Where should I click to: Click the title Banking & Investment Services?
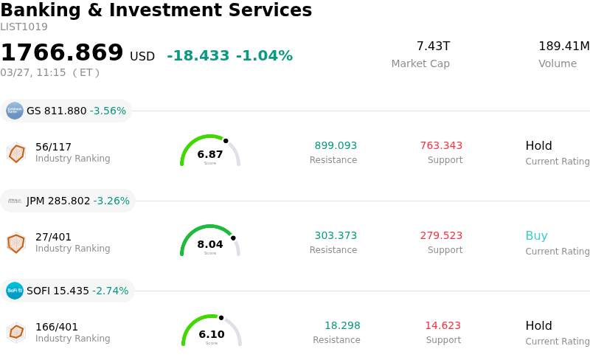pyautogui.click(x=156, y=10)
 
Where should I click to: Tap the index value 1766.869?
pyautogui.click(x=62, y=53)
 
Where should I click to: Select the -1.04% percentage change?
pyautogui.click(x=264, y=56)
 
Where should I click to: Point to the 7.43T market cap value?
pyautogui.click(x=433, y=46)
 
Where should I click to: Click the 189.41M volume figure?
pyautogui.click(x=563, y=46)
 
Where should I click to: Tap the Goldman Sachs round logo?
pyautogui.click(x=15, y=111)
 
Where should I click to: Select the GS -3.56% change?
pyautogui.click(x=108, y=111)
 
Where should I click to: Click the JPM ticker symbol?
pyautogui.click(x=36, y=201)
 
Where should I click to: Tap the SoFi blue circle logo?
pyautogui.click(x=15, y=291)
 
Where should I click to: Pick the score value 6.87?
pyautogui.click(x=210, y=154)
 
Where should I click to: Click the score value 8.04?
pyautogui.click(x=210, y=244)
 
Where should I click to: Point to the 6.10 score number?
pyautogui.click(x=212, y=334)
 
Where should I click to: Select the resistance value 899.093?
pyautogui.click(x=336, y=145)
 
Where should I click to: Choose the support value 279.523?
pyautogui.click(x=441, y=235)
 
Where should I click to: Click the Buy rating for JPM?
pyautogui.click(x=536, y=236)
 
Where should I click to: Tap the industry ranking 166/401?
pyautogui.click(x=57, y=327)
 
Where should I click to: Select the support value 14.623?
pyautogui.click(x=442, y=325)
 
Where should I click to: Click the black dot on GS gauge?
pyautogui.click(x=226, y=140)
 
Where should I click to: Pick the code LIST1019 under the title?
pyautogui.click(x=24, y=27)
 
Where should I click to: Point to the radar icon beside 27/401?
pyautogui.click(x=16, y=242)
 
